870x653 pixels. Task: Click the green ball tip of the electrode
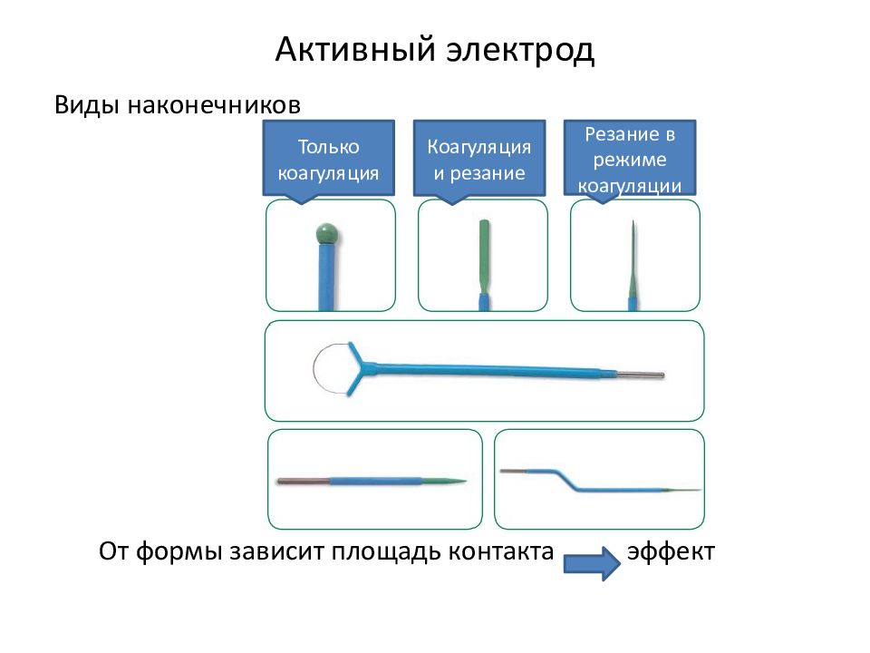pyautogui.click(x=327, y=234)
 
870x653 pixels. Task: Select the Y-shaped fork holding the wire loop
pyautogui.click(x=362, y=367)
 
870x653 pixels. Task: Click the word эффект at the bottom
pyautogui.click(x=671, y=551)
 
